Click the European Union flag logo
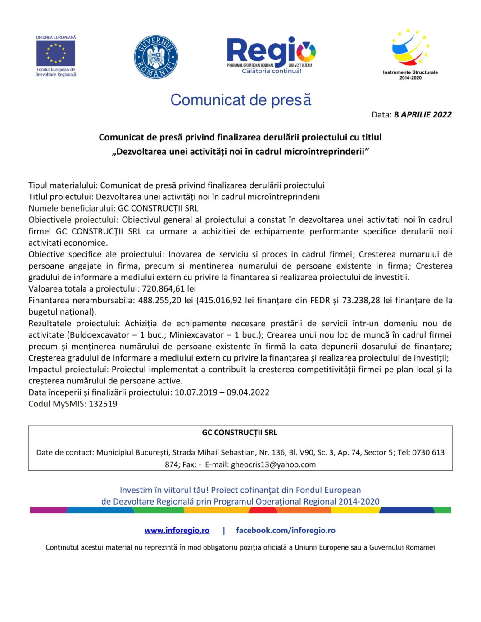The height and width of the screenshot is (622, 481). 56,53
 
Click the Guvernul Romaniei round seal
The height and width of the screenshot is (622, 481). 156,57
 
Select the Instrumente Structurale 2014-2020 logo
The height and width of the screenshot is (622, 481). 410,54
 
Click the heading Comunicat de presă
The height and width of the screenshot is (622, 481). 240,100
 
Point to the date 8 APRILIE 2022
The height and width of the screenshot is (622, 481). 422,115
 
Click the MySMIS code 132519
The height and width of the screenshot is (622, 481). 103,404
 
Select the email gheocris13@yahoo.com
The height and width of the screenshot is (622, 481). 273,464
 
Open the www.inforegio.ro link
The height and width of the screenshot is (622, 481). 177,531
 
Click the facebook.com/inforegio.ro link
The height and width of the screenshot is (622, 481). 286,531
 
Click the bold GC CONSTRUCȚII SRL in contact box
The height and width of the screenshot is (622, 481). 240,433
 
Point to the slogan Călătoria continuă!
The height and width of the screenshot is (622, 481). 271,71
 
